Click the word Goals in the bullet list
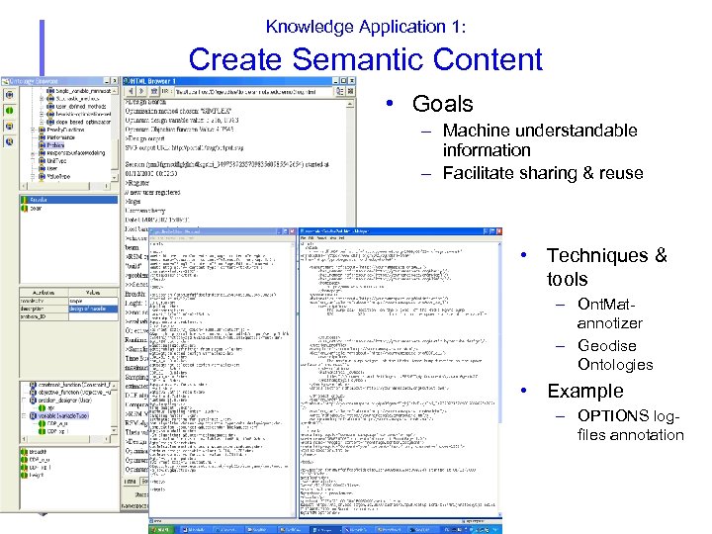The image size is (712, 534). click(442, 104)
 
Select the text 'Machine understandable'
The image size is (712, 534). click(540, 131)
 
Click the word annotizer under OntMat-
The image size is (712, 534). click(609, 323)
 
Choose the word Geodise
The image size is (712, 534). click(606, 346)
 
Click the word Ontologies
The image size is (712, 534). click(615, 365)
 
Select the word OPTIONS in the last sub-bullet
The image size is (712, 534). click(613, 416)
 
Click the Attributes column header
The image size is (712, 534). click(44, 294)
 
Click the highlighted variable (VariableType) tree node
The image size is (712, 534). click(57, 416)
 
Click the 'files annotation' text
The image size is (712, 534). click(630, 435)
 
